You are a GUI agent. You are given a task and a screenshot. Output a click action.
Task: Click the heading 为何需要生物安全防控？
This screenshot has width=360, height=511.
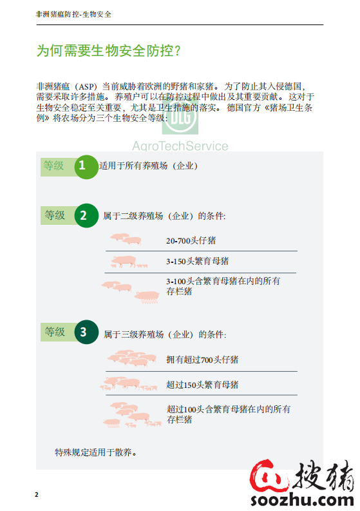[109, 51]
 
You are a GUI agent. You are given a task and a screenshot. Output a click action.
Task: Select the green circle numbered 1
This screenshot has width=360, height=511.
[82, 166]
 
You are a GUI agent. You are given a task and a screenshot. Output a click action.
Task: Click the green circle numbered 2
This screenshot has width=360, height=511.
[82, 215]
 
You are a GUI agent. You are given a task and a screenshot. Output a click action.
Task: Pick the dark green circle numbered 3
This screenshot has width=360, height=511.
[83, 333]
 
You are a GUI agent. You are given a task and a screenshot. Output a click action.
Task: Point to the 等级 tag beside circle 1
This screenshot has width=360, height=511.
[54, 166]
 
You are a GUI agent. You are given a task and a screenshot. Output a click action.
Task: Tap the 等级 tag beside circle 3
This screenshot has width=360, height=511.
[55, 332]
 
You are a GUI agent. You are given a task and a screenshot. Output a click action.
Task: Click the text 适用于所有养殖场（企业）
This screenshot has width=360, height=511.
[148, 166]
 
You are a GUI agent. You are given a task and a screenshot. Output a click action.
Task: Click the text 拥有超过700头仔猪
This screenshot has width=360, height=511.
[202, 360]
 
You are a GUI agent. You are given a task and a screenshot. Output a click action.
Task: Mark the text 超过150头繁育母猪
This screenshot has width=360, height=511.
[202, 385]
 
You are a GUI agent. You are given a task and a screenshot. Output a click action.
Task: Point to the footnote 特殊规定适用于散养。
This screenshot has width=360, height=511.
[96, 452]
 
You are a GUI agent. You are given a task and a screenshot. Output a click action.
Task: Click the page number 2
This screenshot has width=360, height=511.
[37, 494]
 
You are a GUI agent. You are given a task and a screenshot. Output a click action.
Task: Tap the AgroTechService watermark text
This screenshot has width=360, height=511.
[180, 146]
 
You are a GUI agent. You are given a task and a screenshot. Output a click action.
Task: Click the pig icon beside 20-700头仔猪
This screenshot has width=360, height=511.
[126, 239]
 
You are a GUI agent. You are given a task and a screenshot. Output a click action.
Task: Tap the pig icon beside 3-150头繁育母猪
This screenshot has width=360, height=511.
[125, 262]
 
